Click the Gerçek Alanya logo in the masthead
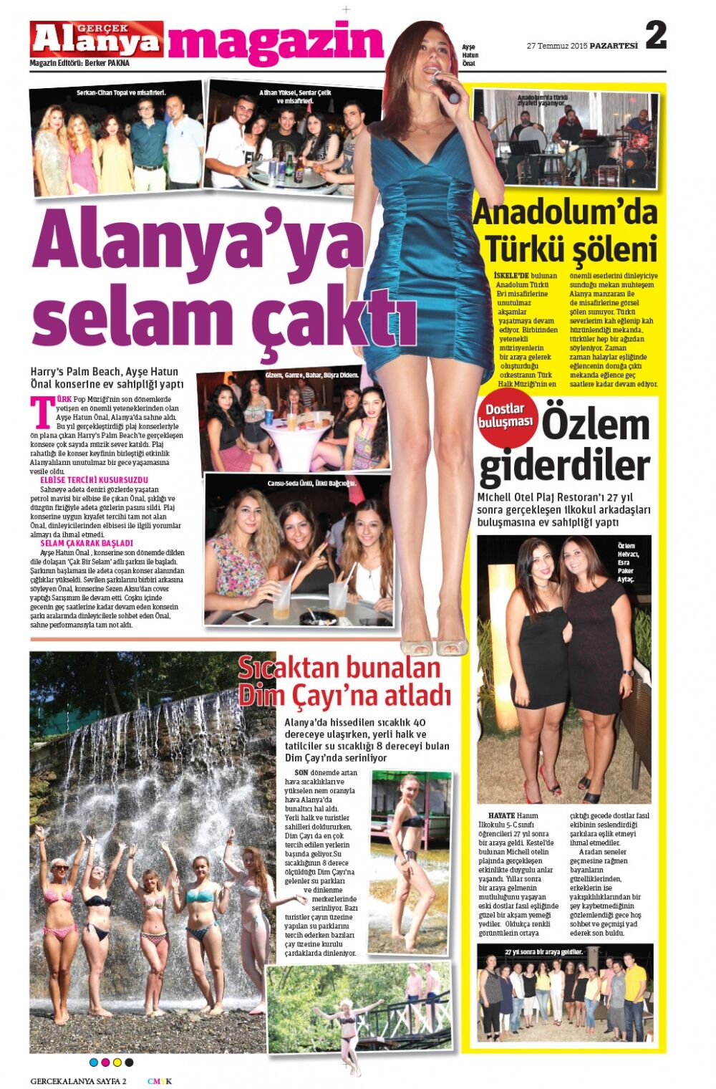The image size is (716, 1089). (x=96, y=39)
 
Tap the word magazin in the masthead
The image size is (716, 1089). (x=276, y=42)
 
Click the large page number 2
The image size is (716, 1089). (x=655, y=36)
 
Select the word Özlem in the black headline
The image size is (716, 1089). (x=595, y=426)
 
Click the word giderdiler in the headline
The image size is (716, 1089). (x=564, y=466)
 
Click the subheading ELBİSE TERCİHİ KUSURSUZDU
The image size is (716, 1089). (x=94, y=479)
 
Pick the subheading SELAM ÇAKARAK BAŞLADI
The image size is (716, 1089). (x=87, y=543)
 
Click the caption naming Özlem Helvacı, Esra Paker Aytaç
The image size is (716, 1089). (x=628, y=563)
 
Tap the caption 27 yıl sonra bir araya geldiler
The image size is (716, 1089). (x=543, y=952)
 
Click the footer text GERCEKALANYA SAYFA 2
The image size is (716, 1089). (x=79, y=1081)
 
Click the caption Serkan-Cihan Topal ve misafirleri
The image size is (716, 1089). (x=121, y=93)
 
